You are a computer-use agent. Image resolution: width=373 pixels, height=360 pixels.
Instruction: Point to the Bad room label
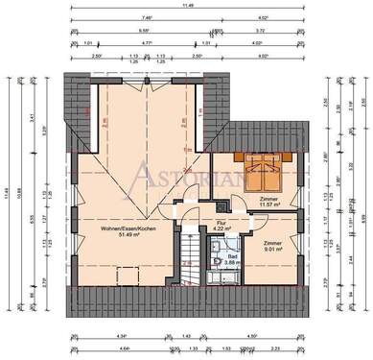[x=233, y=254]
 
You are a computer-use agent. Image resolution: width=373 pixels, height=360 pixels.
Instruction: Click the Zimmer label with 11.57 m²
[x=268, y=198]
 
